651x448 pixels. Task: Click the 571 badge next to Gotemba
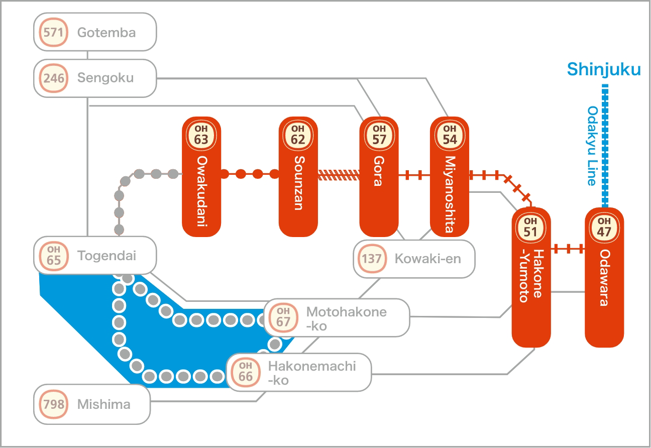tap(53, 32)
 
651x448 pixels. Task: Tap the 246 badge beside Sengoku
tap(53, 78)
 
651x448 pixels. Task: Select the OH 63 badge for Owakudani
tap(201, 136)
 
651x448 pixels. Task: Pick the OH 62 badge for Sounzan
tap(298, 136)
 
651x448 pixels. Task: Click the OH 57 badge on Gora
tap(379, 136)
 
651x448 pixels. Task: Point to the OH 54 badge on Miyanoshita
tap(450, 136)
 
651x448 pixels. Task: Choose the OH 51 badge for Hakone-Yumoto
tap(530, 228)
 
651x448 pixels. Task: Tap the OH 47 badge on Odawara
tap(604, 228)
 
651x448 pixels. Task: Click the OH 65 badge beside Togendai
tap(53, 256)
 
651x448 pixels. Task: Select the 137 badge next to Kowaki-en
tap(372, 259)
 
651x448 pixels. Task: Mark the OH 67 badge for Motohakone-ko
tap(283, 317)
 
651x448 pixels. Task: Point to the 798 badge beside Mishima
tap(53, 404)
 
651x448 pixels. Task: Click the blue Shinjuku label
tap(604, 70)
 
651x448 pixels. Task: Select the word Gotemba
tap(106, 33)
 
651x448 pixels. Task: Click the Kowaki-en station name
tap(427, 259)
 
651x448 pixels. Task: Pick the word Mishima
tap(104, 404)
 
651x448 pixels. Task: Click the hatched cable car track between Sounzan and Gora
tap(339, 175)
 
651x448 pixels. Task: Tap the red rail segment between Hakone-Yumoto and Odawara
tap(568, 249)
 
